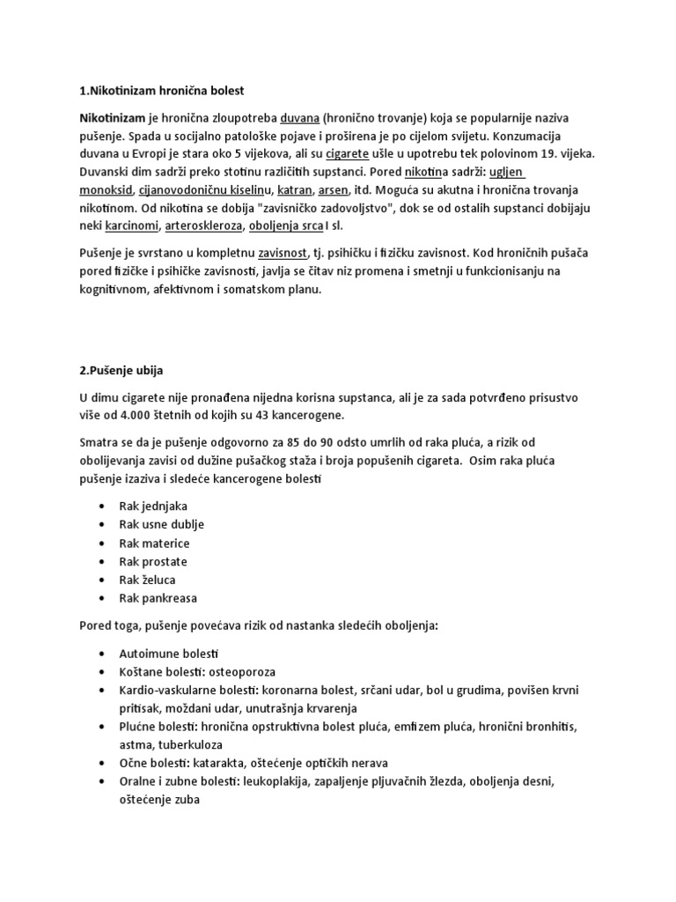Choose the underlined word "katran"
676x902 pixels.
pyautogui.click(x=294, y=190)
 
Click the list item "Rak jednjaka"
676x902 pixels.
pyautogui.click(x=153, y=506)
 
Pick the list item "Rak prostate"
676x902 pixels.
pyautogui.click(x=153, y=561)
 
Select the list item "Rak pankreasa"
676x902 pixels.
pyautogui.click(x=158, y=598)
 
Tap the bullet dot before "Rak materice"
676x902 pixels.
pyautogui.click(x=103, y=543)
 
